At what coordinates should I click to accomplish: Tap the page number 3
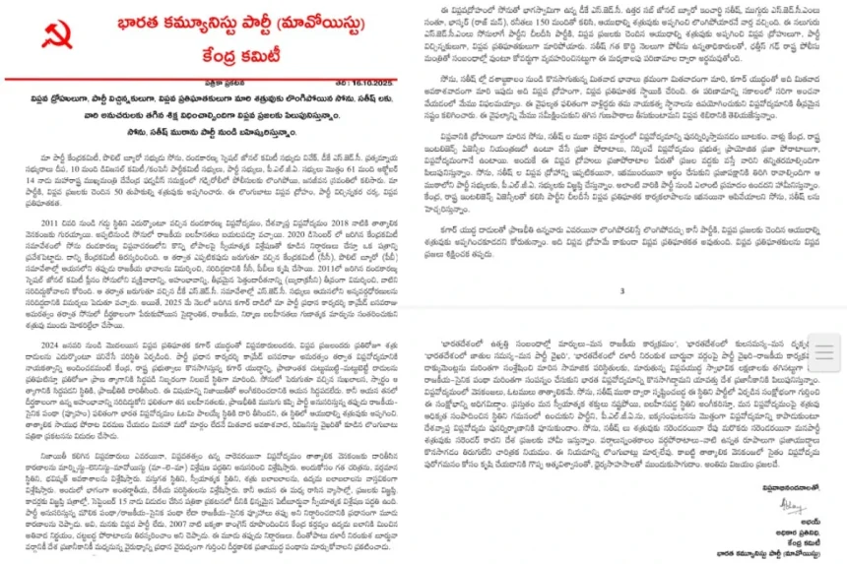[x=621, y=291]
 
